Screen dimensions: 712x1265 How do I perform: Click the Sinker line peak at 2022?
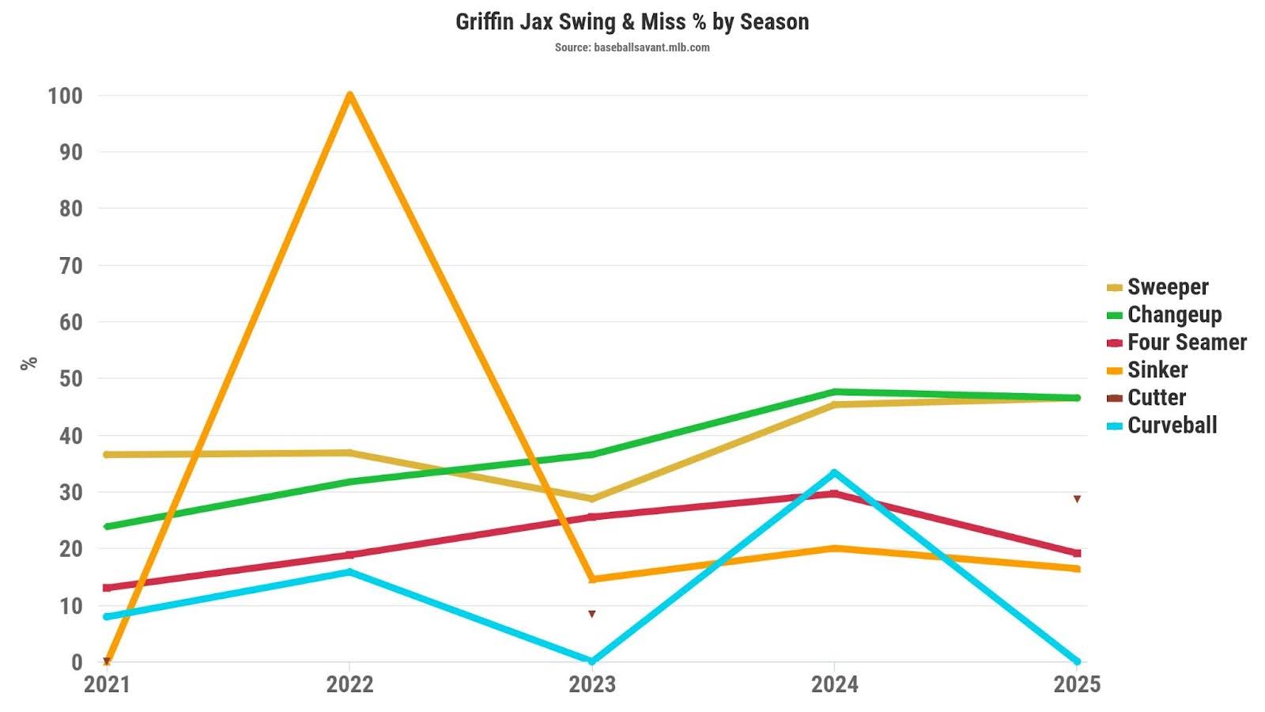point(349,96)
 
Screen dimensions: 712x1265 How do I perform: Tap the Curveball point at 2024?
point(834,473)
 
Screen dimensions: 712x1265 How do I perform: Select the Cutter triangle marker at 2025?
point(1077,499)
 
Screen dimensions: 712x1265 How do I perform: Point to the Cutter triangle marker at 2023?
point(591,614)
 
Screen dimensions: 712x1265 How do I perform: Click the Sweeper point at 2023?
point(591,499)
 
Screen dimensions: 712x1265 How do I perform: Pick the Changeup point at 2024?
point(834,392)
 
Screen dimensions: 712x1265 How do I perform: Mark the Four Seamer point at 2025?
point(1077,553)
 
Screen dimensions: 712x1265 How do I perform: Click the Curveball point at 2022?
point(349,571)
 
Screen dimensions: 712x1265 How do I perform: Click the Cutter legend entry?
point(1156,398)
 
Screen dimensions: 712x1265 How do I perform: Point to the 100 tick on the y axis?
point(65,96)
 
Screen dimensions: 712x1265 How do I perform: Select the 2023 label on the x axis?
point(591,684)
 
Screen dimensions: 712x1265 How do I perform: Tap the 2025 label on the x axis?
point(1076,684)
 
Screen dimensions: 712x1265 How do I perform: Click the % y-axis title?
point(28,363)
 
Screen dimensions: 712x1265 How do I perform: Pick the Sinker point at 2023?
point(591,579)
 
